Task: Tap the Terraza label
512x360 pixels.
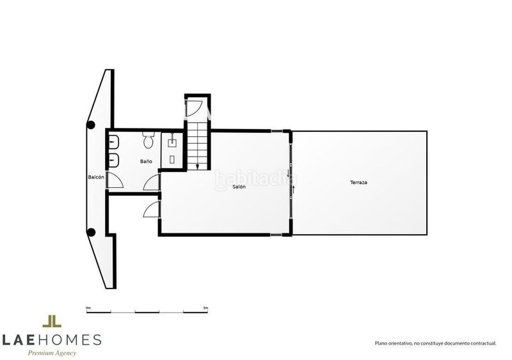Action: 358,183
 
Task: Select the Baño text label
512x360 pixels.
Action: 147,161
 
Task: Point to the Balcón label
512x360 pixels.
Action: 96,176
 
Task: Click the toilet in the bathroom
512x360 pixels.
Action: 148,139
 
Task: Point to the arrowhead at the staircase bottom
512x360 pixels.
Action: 197,166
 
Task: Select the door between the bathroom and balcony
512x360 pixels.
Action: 114,180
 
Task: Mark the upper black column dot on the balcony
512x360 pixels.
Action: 92,125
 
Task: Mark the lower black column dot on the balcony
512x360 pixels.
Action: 92,232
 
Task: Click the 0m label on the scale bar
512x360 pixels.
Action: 88,308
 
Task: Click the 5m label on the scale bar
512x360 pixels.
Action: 205,308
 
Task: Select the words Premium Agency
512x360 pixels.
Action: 51,353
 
